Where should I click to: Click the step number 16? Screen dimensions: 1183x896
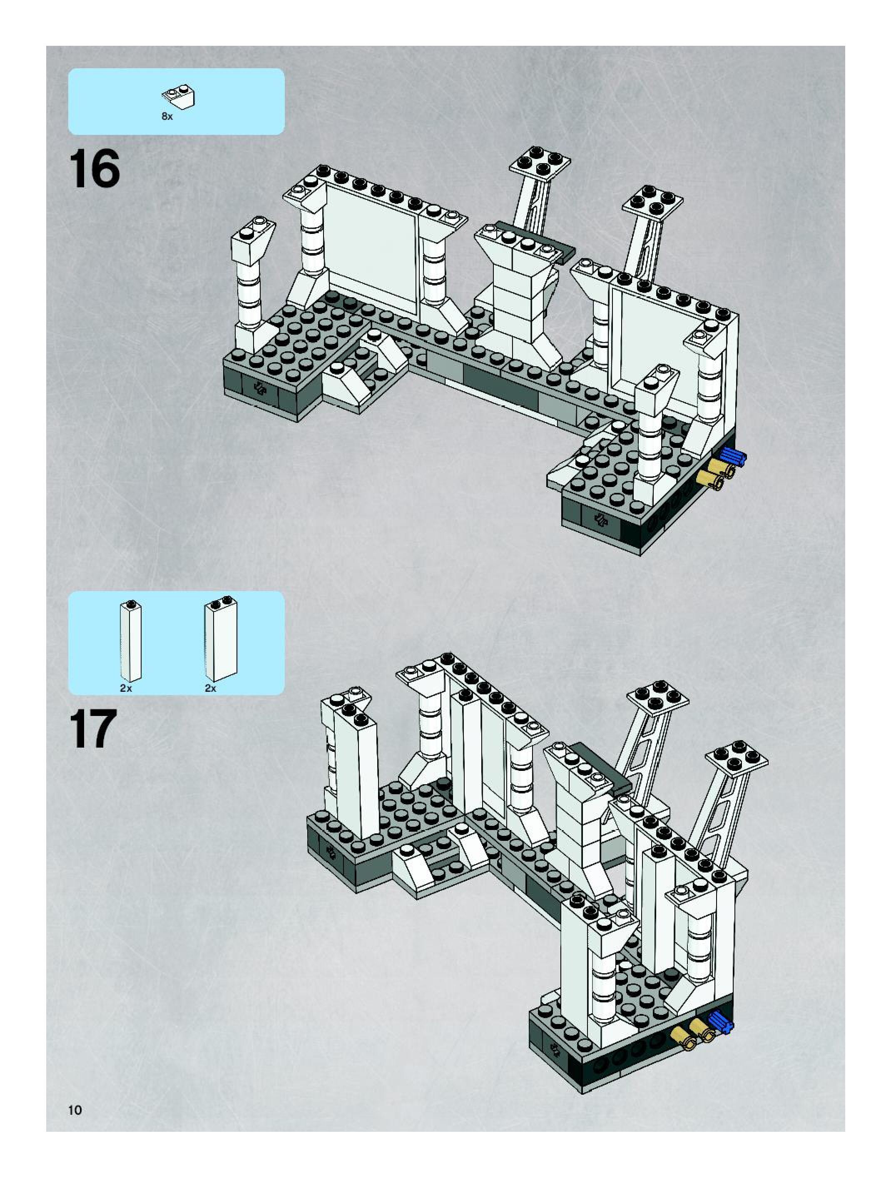click(x=94, y=169)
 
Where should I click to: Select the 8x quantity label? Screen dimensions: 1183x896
click(x=167, y=116)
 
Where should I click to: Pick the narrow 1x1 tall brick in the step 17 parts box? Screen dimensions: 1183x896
click(x=130, y=641)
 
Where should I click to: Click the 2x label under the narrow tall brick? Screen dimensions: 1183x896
click(x=126, y=689)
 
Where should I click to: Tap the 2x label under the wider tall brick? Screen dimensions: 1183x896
click(x=211, y=689)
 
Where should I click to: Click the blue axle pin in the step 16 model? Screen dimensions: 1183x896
click(x=733, y=456)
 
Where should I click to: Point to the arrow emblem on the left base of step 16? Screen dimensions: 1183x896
click(x=261, y=389)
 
